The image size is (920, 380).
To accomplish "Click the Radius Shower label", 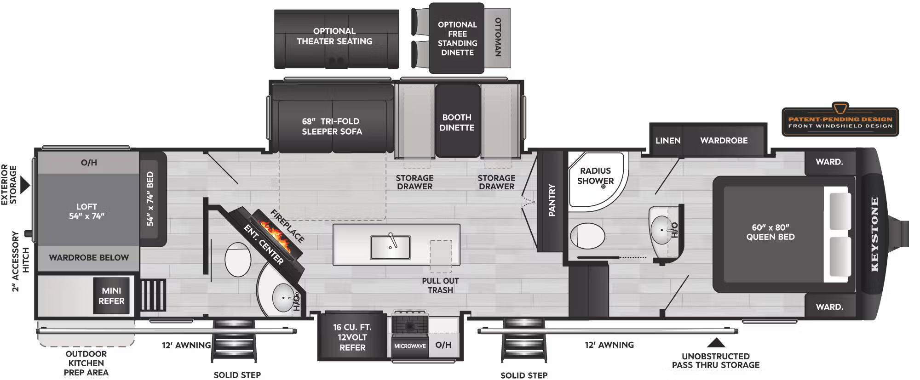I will point(595,176).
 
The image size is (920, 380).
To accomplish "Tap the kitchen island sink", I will point(390,247).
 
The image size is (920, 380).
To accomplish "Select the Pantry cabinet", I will point(551,200).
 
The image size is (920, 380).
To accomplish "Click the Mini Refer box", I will point(111,296).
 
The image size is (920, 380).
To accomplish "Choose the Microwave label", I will point(410,346).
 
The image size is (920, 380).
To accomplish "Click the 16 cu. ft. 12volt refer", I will point(352,337).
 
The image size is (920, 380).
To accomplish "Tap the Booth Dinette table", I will point(457,122).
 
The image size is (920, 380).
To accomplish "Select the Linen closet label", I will point(667,141).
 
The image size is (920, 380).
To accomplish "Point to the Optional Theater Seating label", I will point(334,36).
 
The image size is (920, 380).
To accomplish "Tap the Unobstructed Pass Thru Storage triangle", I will point(715,343).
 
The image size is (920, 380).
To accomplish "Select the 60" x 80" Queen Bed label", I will point(770,232).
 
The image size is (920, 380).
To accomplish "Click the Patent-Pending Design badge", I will point(840,122).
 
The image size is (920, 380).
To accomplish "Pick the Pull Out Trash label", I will point(440,285).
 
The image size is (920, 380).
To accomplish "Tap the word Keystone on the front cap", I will point(874,234).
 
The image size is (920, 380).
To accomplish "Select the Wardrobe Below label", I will point(89,258).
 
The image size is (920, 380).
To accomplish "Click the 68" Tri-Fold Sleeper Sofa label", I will point(332,126).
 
